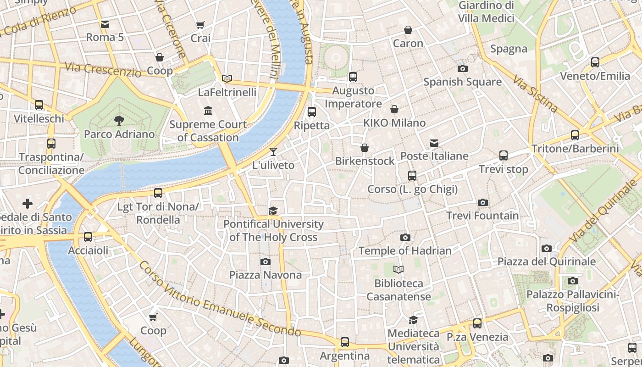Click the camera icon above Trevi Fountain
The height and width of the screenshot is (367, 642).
click(482, 202)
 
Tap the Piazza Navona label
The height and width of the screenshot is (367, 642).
click(266, 275)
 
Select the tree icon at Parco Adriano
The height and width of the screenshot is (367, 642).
click(119, 121)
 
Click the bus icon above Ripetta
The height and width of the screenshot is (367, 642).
click(312, 111)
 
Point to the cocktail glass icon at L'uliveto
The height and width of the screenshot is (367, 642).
click(273, 151)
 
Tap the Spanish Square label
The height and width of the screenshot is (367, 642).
click(462, 82)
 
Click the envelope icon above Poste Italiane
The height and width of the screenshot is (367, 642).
click(434, 143)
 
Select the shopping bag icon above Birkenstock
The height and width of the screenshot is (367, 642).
click(365, 148)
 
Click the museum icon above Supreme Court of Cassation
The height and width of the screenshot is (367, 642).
click(208, 111)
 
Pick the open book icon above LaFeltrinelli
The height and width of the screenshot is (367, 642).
click(227, 78)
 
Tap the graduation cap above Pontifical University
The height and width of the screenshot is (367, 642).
click(273, 211)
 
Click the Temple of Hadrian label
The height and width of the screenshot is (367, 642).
click(405, 250)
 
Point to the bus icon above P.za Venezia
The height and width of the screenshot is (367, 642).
click(477, 323)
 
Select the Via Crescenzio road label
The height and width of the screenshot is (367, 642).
click(103, 70)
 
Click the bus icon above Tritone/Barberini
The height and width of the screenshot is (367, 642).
click(575, 135)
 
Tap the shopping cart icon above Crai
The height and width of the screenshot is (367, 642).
click(200, 25)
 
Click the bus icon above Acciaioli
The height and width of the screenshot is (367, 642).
click(88, 237)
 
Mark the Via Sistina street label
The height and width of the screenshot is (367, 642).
click(535, 95)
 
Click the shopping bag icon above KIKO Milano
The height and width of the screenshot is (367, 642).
click(394, 109)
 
